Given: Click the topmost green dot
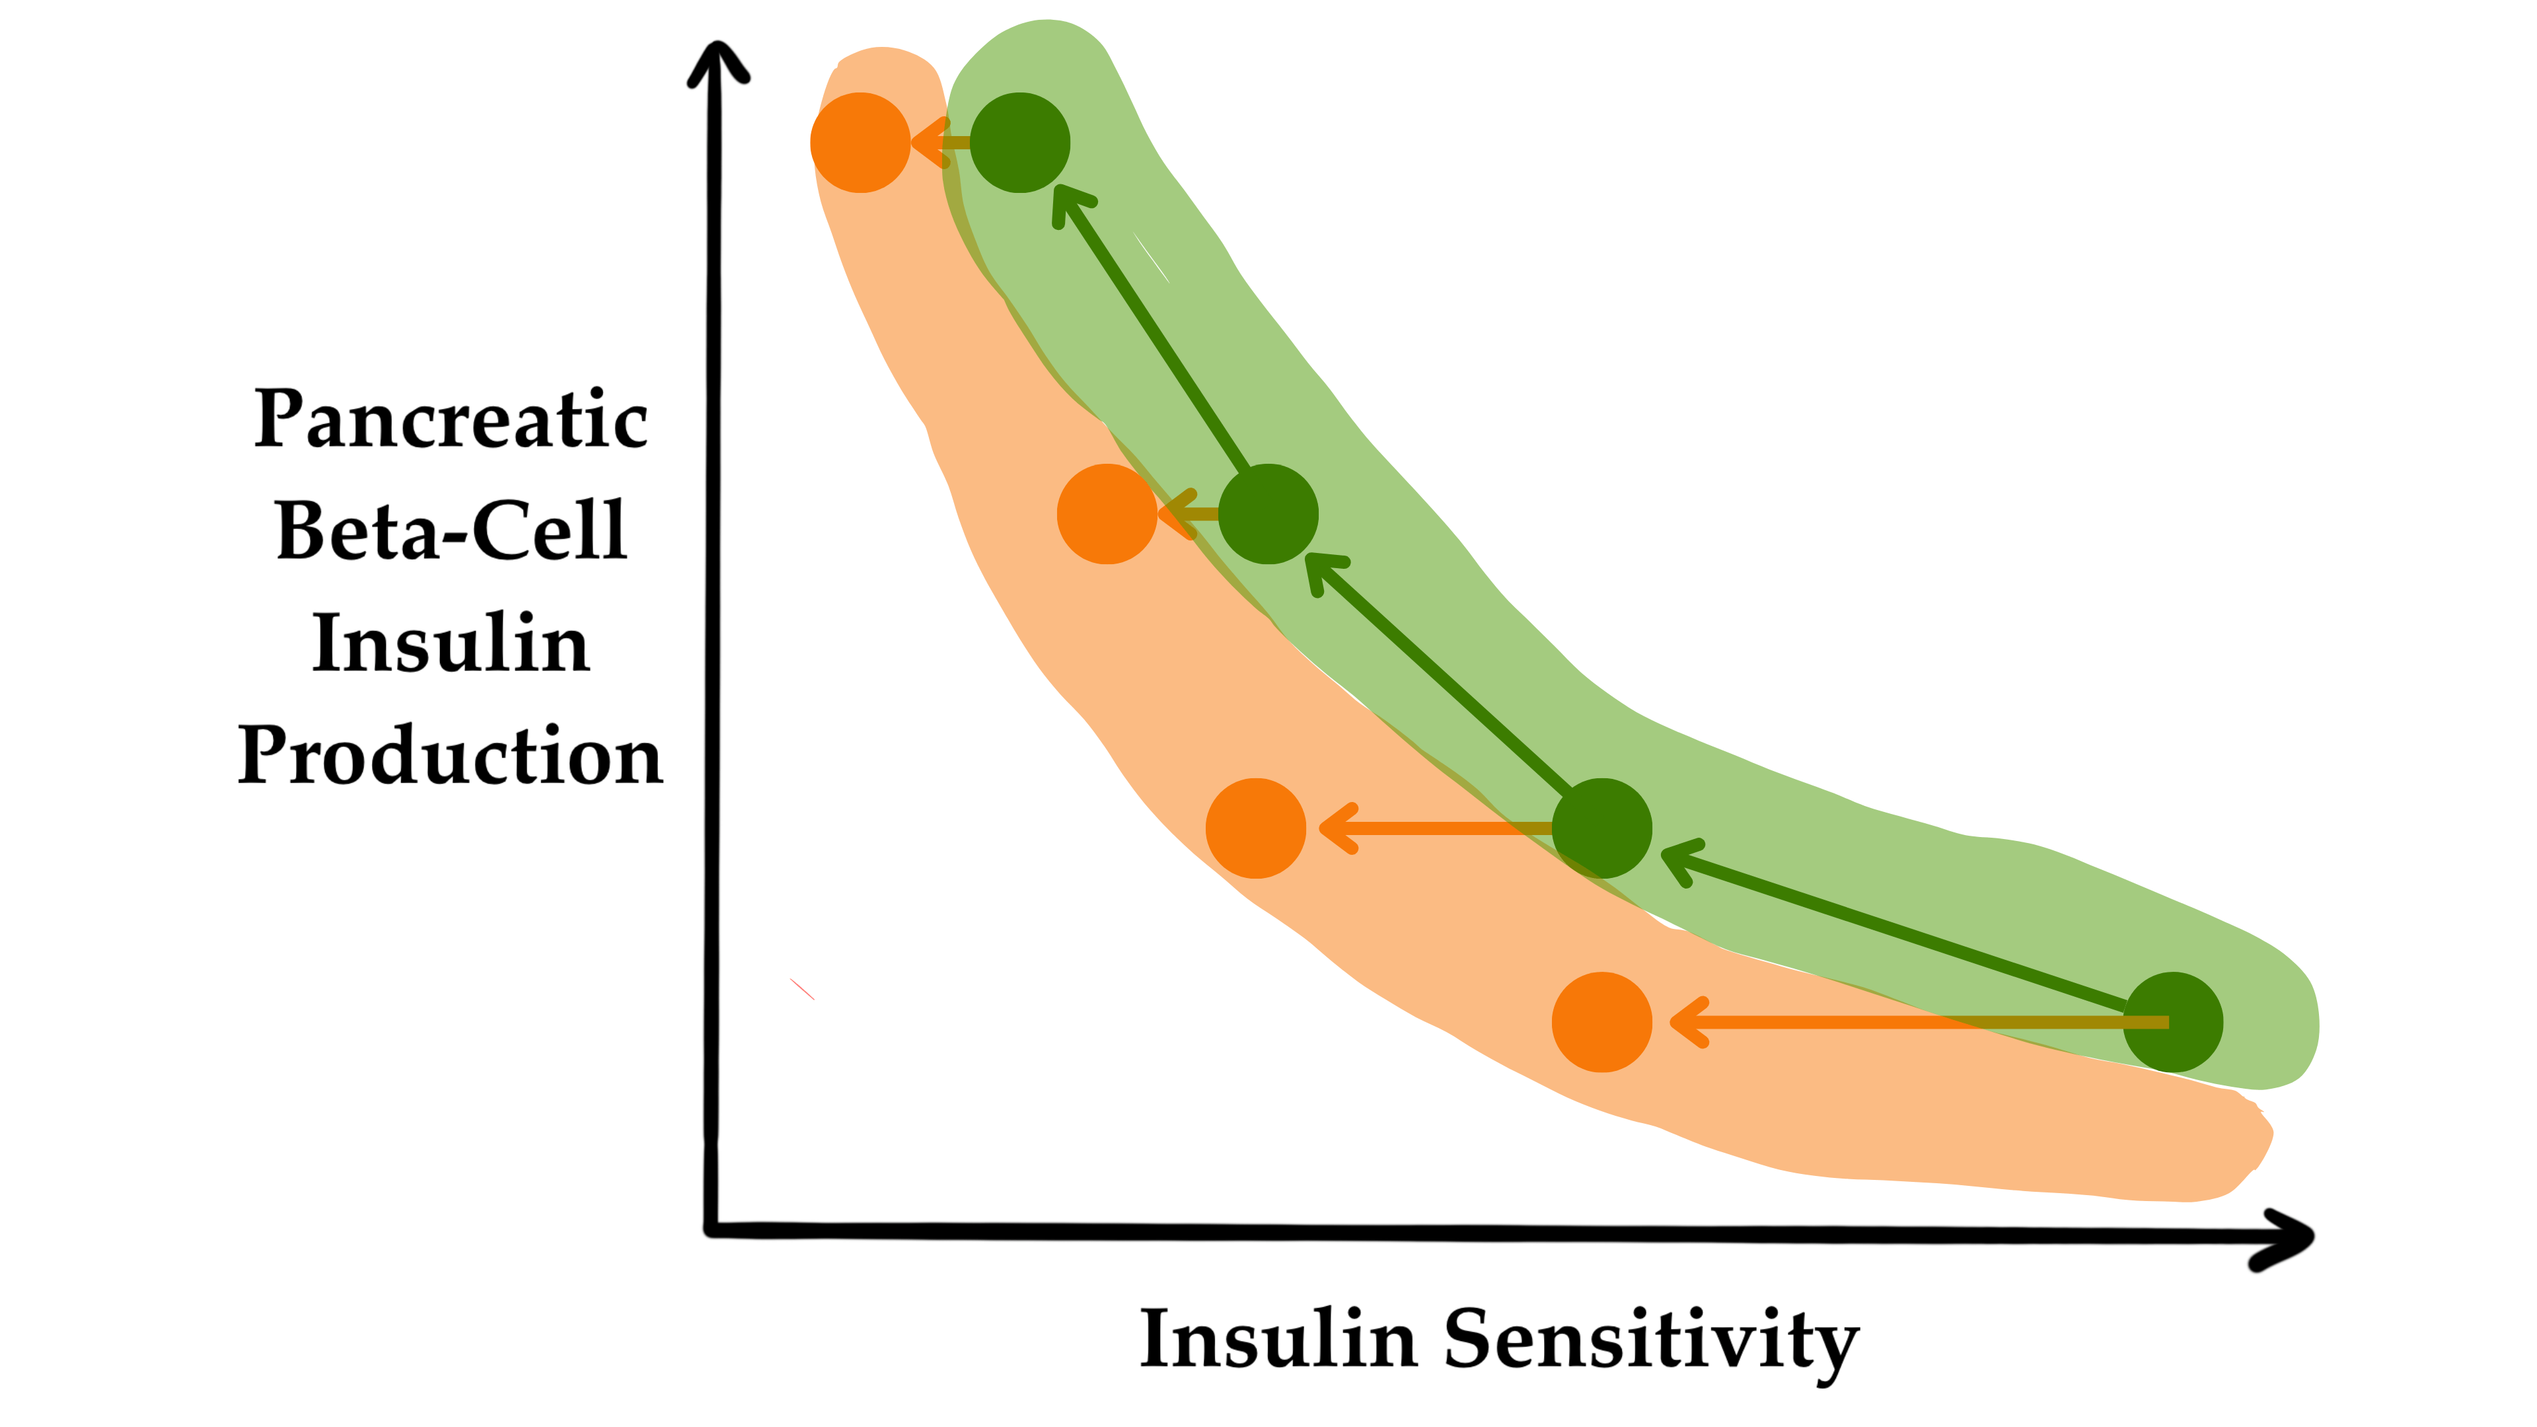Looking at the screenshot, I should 1019,143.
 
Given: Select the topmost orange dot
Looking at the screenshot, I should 860,143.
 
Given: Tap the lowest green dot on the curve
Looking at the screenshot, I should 2172,1022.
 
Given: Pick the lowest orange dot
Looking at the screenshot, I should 1601,1022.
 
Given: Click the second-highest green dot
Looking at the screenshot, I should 1268,513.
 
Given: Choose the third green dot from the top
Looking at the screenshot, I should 1601,828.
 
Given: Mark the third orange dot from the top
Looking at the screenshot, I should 1256,828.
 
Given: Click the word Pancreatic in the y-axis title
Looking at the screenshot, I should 451,421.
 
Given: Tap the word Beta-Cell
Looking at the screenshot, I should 451,532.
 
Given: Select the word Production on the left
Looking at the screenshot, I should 451,756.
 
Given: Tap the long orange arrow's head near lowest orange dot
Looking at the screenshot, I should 1686,1022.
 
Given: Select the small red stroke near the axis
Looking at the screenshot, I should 801,989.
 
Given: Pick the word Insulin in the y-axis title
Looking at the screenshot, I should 451,644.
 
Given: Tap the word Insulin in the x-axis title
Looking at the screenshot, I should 1278,1339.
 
